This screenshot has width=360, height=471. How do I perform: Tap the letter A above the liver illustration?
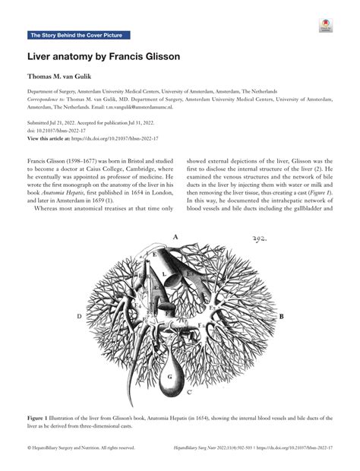click(x=175, y=237)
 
